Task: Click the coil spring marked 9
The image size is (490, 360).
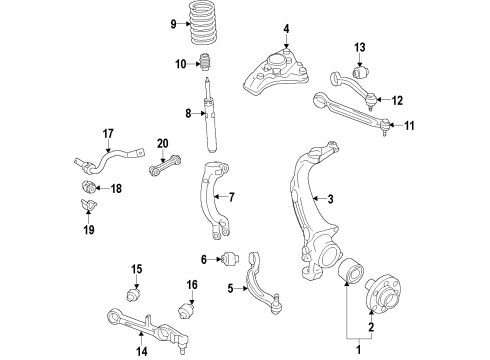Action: pos(203,23)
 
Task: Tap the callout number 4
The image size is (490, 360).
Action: pos(286,29)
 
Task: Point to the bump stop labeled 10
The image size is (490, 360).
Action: pos(206,62)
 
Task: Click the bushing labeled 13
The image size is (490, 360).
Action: pos(361,71)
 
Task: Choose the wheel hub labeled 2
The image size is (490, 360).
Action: pos(384,294)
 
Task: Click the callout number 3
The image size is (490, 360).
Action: pos(330,199)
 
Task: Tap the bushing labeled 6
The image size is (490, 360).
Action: pos(231,259)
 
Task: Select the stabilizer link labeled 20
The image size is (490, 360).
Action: pos(165,166)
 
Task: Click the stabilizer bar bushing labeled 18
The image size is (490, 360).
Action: pos(89,187)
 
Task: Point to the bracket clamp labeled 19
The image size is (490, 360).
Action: pos(88,205)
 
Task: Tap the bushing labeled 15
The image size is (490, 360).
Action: pos(134,295)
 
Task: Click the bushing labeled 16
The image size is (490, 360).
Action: pos(186,310)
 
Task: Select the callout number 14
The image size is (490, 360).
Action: pos(142,351)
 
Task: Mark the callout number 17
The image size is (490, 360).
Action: pos(108,134)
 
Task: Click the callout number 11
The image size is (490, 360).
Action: pos(409,126)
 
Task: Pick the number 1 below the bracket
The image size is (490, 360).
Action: pos(359,350)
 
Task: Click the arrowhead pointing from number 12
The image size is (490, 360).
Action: pos(378,99)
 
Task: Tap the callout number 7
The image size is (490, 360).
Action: pos(232,197)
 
